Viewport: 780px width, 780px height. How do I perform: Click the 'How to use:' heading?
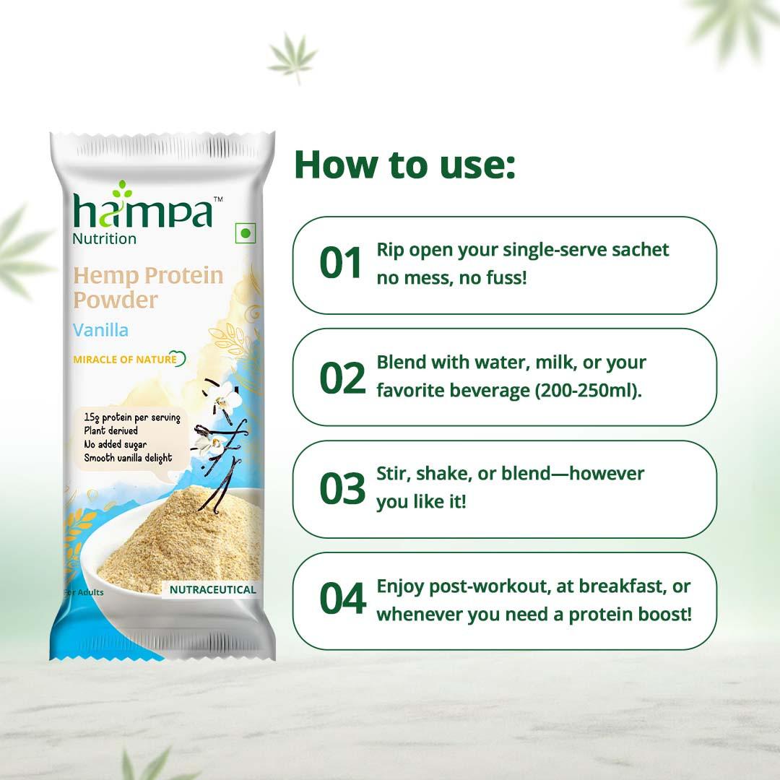pyautogui.click(x=404, y=165)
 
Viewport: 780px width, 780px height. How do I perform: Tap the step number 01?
pyautogui.click(x=340, y=263)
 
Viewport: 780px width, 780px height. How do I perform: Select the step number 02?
pyautogui.click(x=342, y=377)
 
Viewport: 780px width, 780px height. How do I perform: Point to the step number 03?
pyautogui.click(x=342, y=489)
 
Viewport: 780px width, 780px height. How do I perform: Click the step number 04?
pyautogui.click(x=342, y=601)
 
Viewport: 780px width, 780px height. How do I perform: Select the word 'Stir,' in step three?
pyautogui.click(x=394, y=474)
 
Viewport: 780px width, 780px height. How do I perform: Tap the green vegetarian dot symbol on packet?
pyautogui.click(x=246, y=233)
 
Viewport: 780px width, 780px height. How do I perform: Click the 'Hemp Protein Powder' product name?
pyautogui.click(x=148, y=287)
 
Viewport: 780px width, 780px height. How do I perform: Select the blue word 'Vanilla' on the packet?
pyautogui.click(x=100, y=330)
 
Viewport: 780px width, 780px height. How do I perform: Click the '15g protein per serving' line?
pyautogui.click(x=131, y=418)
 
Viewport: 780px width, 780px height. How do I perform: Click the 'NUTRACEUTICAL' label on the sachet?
pyautogui.click(x=212, y=589)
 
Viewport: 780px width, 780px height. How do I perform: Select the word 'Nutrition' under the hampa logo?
pyautogui.click(x=104, y=238)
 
